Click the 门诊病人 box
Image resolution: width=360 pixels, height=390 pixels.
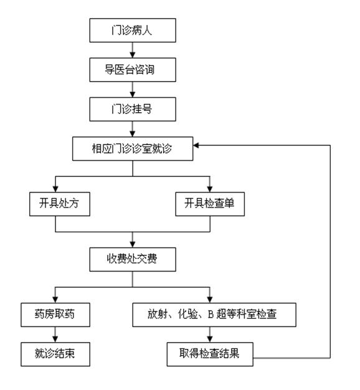click(131, 29)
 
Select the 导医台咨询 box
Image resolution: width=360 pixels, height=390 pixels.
click(131, 70)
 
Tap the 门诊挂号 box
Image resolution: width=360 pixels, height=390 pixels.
click(131, 110)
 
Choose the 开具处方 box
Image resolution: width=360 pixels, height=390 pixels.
click(55, 204)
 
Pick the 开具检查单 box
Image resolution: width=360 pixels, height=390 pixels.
click(209, 204)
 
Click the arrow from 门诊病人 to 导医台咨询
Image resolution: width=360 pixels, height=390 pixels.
click(131, 49)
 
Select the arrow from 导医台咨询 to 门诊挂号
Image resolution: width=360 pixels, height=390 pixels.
click(131, 90)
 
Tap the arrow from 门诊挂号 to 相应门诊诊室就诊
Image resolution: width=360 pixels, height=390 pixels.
click(131, 130)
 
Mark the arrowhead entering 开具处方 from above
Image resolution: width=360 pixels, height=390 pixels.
click(55, 189)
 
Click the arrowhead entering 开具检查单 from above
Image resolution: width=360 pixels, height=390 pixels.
click(209, 189)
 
